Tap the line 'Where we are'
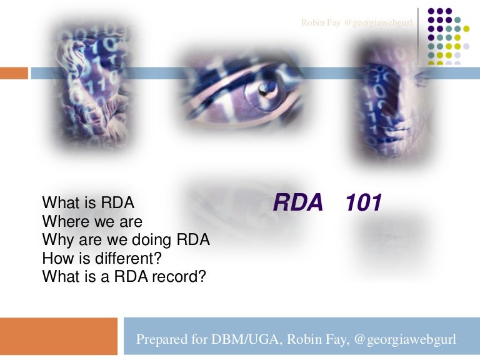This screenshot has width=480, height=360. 92,221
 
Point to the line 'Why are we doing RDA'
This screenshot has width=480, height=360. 126,239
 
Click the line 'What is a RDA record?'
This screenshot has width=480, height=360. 124,276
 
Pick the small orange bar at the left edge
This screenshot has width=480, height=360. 14,73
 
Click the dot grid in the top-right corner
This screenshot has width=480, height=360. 448,36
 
